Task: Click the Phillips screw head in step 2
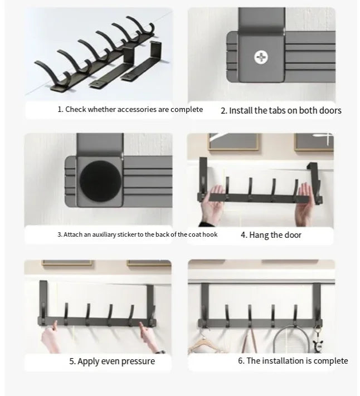tap(261, 57)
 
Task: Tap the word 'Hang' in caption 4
tap(259, 235)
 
